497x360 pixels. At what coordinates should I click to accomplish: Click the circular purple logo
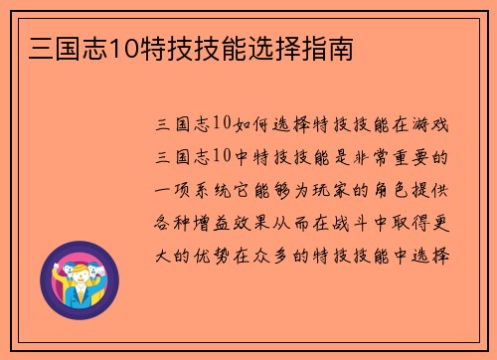pyautogui.click(x=79, y=279)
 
